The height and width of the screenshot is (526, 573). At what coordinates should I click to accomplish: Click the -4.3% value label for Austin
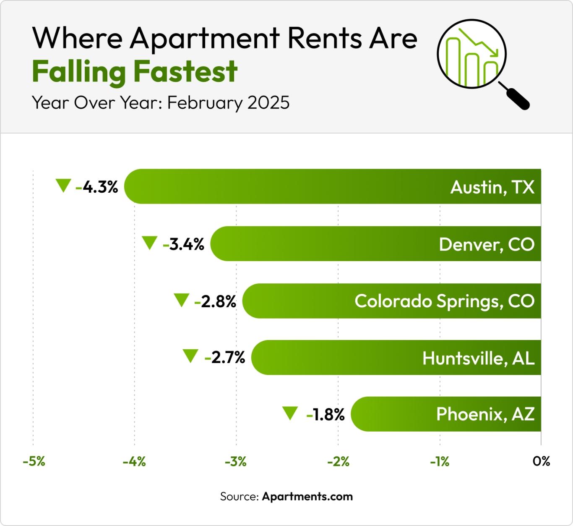click(x=97, y=187)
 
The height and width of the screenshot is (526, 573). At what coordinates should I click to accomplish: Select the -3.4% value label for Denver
click(x=184, y=244)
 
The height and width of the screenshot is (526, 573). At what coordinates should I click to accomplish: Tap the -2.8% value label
click(x=216, y=301)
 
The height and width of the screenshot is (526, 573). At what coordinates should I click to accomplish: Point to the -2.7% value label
click(x=225, y=358)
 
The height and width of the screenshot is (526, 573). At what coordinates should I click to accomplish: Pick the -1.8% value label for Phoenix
click(x=326, y=415)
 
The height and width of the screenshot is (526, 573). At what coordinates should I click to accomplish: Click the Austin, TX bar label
click(x=492, y=187)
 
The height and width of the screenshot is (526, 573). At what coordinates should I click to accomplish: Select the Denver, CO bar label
click(x=487, y=244)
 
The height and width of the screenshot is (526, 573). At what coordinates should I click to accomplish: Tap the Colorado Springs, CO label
click(x=444, y=301)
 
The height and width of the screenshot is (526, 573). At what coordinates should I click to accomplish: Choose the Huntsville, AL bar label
click(x=478, y=358)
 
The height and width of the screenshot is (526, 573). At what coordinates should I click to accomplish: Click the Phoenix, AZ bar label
click(x=485, y=414)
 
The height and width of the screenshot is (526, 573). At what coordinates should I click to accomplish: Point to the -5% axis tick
click(x=34, y=462)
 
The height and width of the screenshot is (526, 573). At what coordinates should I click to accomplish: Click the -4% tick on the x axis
click(x=134, y=462)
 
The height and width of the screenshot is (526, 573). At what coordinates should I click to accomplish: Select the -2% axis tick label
click(x=338, y=462)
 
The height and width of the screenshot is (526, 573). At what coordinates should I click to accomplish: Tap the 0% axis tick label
click(x=541, y=461)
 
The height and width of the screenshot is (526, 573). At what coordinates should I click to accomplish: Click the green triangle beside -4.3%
click(x=63, y=185)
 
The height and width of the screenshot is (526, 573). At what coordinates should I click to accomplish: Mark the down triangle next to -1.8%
click(x=290, y=413)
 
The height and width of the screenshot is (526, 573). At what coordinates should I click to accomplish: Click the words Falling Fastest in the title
click(x=135, y=71)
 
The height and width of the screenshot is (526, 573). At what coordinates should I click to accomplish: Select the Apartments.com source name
click(x=307, y=497)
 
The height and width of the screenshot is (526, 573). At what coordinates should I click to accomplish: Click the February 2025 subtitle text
click(x=228, y=102)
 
